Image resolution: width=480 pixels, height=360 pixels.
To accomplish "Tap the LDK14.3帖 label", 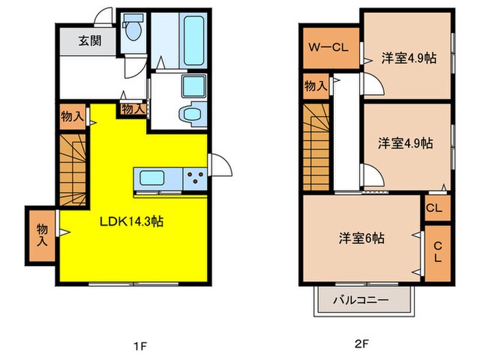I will point(131,222).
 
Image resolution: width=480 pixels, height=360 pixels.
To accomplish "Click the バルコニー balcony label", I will point(361,300).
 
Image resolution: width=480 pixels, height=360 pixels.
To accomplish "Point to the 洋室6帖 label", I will point(361,239).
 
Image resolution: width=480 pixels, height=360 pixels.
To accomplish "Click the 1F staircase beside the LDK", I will point(72,169).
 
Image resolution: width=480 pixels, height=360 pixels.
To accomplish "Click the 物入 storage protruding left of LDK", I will point(42,235).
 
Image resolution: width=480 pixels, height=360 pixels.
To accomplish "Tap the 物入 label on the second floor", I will point(315,86).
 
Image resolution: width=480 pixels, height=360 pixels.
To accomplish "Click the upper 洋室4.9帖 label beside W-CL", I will point(409,58).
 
